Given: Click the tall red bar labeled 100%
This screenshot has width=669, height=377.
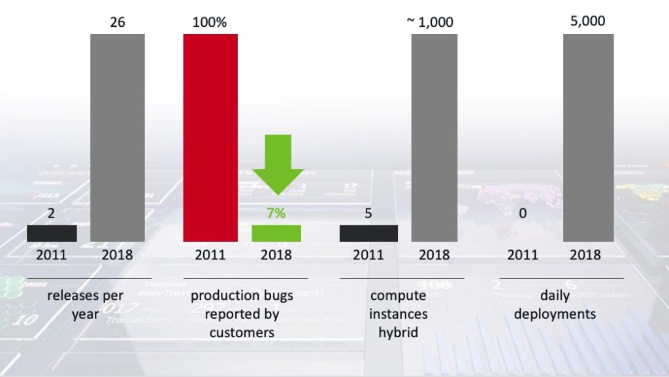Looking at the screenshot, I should click(210, 137).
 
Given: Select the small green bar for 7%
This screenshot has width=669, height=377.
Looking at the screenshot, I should click(276, 233).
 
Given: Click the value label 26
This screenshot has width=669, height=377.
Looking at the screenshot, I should click(118, 22).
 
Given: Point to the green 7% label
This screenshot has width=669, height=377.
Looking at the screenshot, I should click(276, 213).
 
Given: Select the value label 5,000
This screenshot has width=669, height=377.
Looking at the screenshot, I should click(587, 21).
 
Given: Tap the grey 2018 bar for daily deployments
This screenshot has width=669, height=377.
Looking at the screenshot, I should click(588, 137).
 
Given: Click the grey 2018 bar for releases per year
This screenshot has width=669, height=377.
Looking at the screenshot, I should click(118, 137).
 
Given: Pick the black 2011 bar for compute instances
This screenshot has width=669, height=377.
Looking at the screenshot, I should click(368, 233).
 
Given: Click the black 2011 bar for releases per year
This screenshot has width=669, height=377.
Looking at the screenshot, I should click(52, 233).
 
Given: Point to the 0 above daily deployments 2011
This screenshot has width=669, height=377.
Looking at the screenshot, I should click(523, 213).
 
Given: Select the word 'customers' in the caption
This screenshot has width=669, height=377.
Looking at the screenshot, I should click(242, 333).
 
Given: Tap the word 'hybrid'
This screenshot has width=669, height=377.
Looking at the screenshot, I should click(398, 333).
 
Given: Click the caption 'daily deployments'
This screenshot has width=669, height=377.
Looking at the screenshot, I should click(555, 304).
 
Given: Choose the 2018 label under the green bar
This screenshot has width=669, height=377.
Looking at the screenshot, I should click(276, 255).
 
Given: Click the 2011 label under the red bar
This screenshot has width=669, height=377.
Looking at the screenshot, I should click(210, 255).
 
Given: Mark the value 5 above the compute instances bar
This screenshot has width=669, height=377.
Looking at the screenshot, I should click(368, 213).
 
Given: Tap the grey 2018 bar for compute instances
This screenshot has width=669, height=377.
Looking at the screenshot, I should click(434, 137).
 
